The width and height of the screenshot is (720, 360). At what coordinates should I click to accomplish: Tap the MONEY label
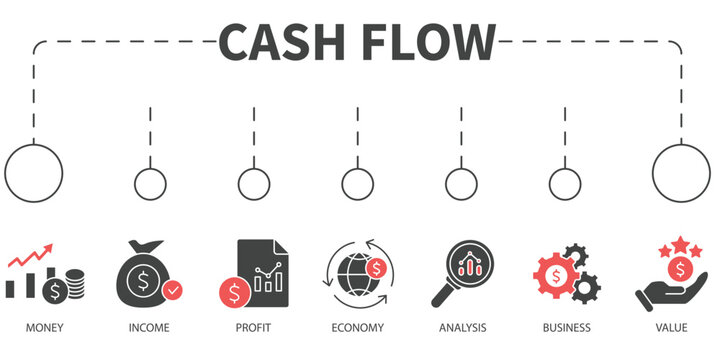[x=44, y=327]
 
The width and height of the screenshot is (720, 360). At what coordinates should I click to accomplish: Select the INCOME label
[x=149, y=327]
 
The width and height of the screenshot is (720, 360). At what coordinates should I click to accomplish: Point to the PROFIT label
[x=253, y=327]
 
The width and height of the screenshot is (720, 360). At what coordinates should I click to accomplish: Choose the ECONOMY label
[x=357, y=327]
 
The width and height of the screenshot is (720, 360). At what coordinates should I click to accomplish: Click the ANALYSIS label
[x=462, y=327]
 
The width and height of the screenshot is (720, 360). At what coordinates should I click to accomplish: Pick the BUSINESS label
[x=566, y=327]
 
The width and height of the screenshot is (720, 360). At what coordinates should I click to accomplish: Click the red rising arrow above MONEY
[x=30, y=259]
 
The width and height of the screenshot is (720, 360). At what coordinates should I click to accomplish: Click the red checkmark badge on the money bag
[x=174, y=291]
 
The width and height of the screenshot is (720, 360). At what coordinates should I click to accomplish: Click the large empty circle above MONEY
[x=34, y=171]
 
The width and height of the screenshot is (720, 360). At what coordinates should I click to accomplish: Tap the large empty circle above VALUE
[x=682, y=171]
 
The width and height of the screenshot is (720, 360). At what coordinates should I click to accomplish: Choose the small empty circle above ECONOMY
[x=357, y=184]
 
